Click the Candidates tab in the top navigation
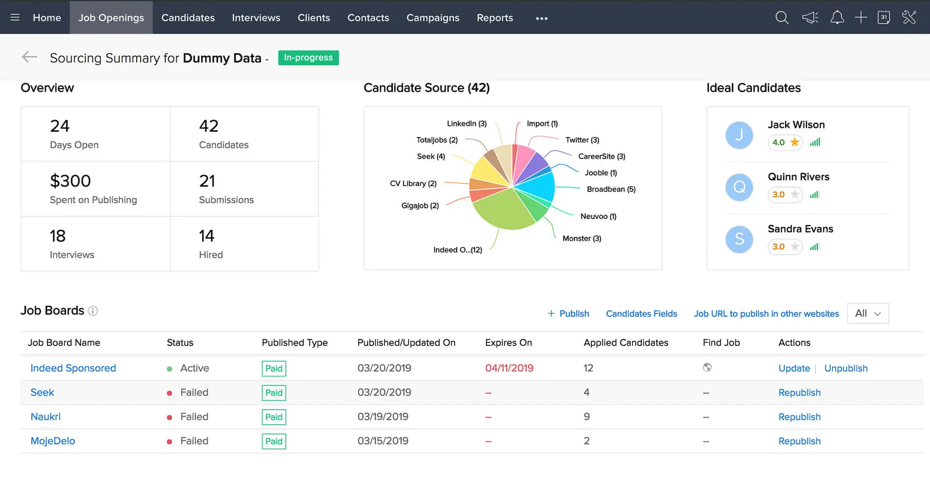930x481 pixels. point(188,18)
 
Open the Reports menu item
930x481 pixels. point(495,18)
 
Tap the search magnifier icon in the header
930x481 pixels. point(782,18)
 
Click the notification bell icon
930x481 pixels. point(837,18)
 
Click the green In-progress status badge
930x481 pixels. point(308,58)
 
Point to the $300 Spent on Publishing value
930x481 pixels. point(71,181)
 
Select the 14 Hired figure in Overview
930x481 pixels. point(207,236)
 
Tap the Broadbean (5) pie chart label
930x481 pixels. point(611,189)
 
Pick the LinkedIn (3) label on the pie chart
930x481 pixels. point(466,124)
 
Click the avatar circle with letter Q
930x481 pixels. point(739,187)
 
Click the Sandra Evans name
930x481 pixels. point(800,229)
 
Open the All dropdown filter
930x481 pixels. point(868,313)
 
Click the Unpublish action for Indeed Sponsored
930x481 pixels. point(846,369)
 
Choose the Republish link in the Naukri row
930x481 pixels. point(799,417)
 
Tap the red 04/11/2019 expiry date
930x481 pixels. point(509,368)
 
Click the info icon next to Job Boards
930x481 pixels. point(93,311)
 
